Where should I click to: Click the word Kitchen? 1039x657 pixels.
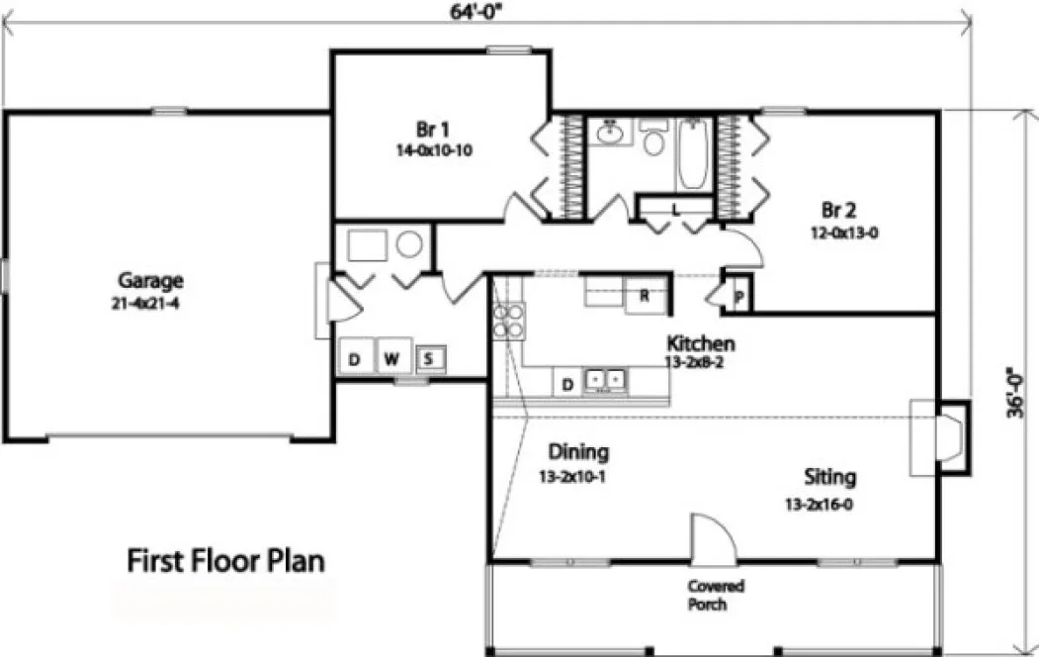[x=700, y=343]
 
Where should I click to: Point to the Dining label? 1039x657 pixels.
[x=578, y=452]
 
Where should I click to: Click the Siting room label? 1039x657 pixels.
[x=829, y=477]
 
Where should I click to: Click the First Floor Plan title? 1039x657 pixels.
[x=226, y=561]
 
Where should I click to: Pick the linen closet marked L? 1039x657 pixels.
[x=674, y=209]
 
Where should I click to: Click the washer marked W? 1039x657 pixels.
[x=391, y=358]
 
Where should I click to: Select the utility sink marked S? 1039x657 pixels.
[x=429, y=358]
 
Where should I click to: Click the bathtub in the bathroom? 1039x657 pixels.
[x=692, y=155]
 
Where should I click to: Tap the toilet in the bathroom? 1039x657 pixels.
[x=652, y=140]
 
